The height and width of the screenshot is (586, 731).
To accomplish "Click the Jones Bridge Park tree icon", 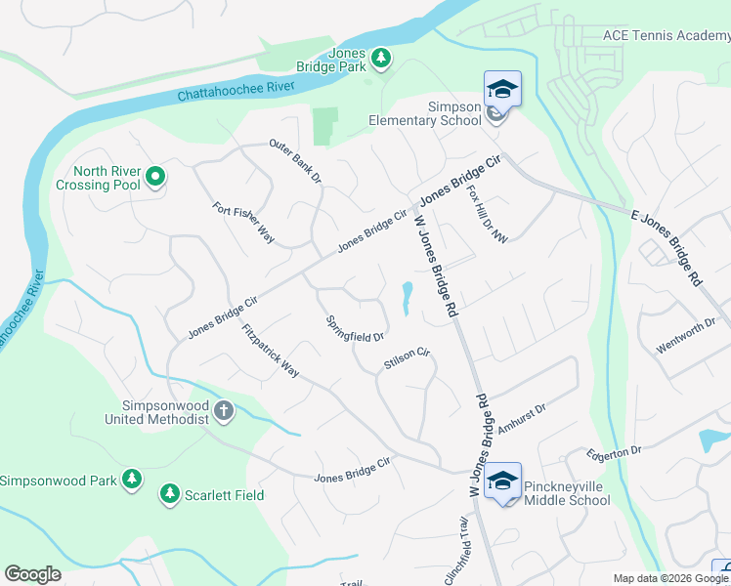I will (x=380, y=60).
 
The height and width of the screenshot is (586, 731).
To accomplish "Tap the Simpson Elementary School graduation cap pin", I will (x=502, y=90).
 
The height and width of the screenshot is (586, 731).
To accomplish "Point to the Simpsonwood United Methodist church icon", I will (x=225, y=411).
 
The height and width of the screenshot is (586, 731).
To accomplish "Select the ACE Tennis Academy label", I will (x=666, y=35).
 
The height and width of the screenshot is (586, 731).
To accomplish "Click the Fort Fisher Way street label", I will (x=243, y=223).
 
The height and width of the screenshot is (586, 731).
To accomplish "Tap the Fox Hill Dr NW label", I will (x=488, y=214).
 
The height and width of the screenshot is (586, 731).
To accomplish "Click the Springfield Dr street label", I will (x=354, y=329).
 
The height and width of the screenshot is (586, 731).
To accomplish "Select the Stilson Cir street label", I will (x=407, y=358).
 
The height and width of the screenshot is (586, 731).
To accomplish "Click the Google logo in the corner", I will (x=32, y=574).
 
